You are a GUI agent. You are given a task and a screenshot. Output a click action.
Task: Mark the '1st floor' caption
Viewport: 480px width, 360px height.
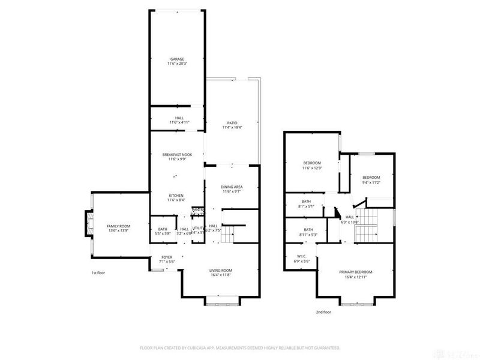99,273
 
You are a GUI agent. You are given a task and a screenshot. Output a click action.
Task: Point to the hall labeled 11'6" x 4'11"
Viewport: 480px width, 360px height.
179,120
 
